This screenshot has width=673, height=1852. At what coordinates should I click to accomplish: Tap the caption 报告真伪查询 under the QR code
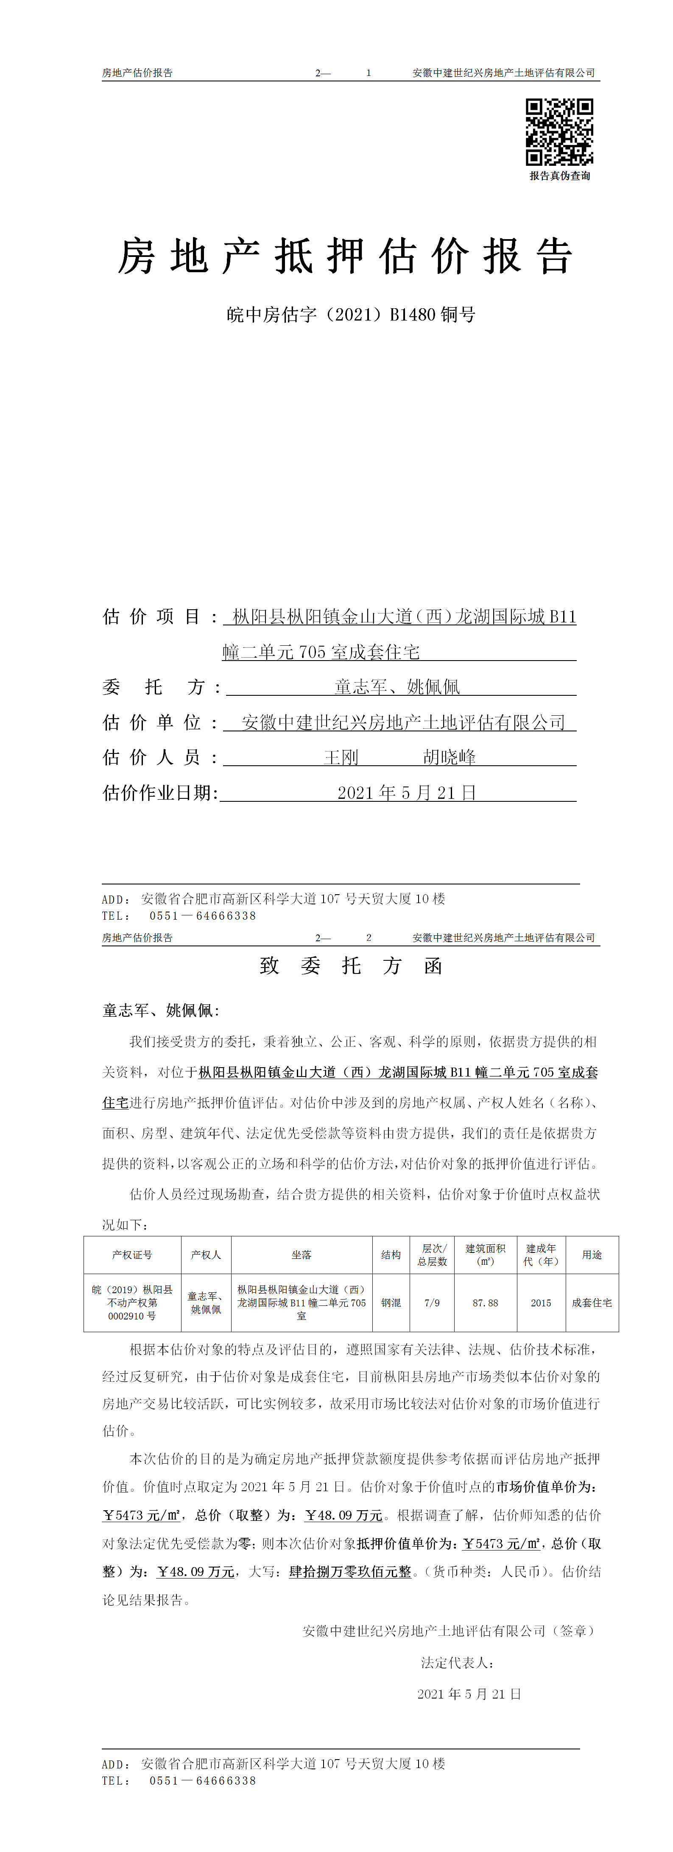(559, 176)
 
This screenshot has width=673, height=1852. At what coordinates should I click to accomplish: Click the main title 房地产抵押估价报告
(345, 257)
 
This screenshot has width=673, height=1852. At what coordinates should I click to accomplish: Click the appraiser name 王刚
(341, 757)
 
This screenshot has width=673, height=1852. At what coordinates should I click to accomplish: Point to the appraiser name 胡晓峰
(450, 757)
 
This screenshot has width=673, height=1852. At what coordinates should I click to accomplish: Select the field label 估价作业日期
(159, 793)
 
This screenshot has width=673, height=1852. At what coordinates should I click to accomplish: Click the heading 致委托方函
(351, 965)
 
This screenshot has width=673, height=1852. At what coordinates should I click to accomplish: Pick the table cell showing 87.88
(485, 1303)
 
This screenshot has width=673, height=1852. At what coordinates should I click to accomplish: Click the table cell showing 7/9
(432, 1303)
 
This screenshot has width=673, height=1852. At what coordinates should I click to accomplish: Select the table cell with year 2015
(541, 1303)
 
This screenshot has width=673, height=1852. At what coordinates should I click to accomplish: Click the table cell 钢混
(391, 1303)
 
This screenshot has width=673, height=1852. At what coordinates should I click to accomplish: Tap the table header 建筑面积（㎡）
(485, 1255)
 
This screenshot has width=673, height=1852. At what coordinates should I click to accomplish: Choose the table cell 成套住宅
(592, 1303)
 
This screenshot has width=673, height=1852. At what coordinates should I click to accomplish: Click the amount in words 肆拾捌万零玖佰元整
(350, 1572)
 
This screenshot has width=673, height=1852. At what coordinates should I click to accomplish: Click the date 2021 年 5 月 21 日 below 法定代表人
(469, 1694)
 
